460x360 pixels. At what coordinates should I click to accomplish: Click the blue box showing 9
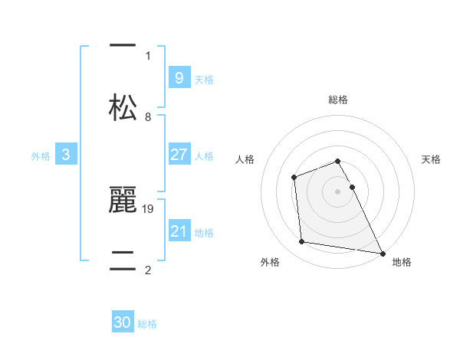click(179, 77)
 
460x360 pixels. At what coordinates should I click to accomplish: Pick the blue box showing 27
click(179, 155)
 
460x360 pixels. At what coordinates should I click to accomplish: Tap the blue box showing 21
click(179, 231)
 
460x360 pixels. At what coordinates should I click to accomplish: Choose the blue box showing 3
click(66, 155)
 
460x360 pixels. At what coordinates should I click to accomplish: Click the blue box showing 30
click(123, 322)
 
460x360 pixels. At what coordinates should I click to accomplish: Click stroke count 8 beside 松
click(148, 116)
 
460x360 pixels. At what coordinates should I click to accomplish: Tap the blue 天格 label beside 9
click(204, 80)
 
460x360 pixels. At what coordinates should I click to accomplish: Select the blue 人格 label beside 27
click(204, 156)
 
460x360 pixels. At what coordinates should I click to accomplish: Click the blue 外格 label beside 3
click(41, 156)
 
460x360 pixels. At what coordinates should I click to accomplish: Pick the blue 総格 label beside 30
click(147, 324)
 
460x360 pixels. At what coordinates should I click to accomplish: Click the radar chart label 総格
click(338, 100)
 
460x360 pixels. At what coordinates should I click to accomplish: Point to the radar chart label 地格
click(402, 262)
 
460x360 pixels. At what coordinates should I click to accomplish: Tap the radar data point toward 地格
click(382, 253)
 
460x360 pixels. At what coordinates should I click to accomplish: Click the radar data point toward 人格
click(294, 178)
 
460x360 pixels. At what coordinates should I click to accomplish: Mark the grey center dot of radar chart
click(338, 191)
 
